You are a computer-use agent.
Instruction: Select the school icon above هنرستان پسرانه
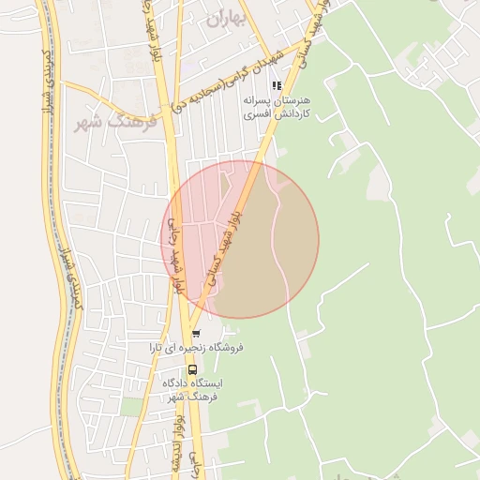click(276, 85)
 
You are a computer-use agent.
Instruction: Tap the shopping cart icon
click(195, 334)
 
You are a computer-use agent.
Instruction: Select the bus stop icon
click(192, 368)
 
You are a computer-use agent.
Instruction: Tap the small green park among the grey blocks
click(132, 405)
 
